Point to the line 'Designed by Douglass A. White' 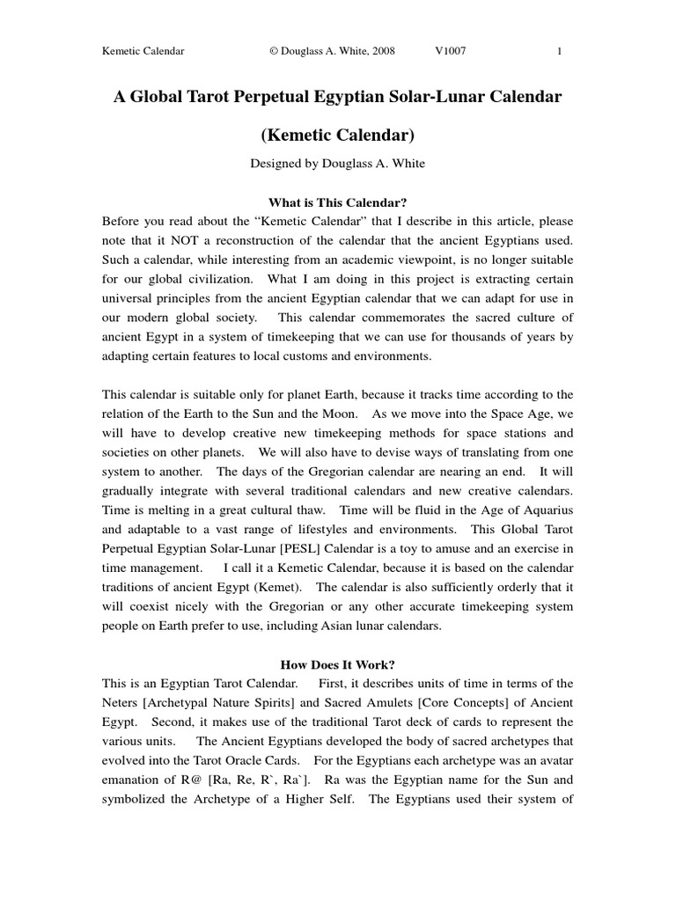click(337, 164)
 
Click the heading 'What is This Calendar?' click(337, 201)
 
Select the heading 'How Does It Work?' click(337, 664)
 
